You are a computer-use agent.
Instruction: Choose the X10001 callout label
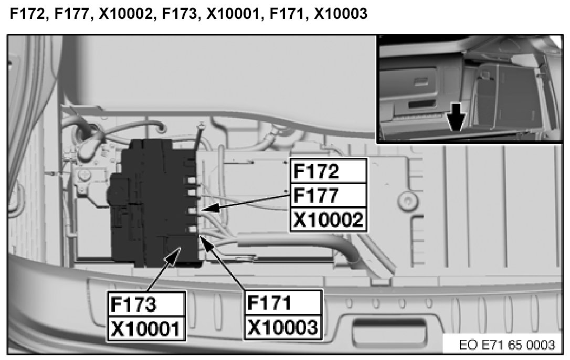click(x=146, y=328)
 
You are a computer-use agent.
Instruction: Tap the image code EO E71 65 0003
click(x=506, y=345)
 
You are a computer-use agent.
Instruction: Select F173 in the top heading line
click(x=179, y=14)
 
